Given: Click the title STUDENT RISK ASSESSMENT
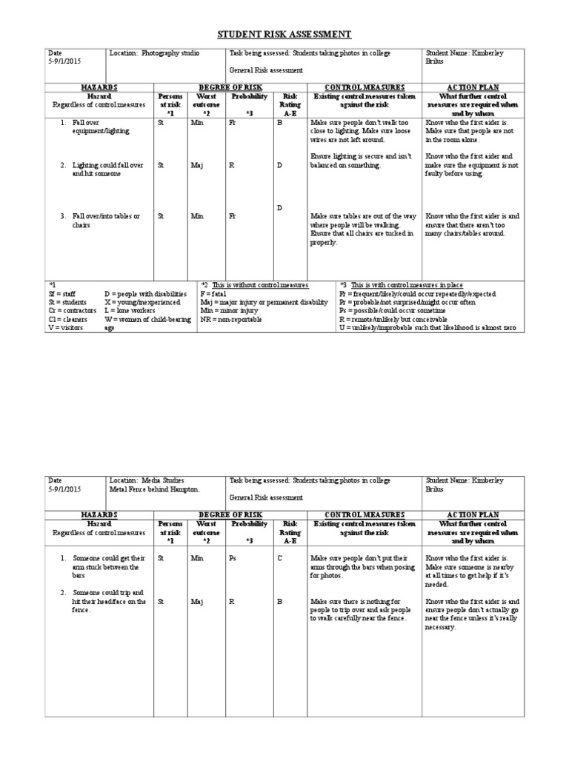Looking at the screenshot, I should (x=284, y=35).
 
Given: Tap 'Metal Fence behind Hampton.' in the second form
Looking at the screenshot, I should (x=154, y=489).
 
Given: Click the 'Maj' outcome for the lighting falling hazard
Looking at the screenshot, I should (x=196, y=165).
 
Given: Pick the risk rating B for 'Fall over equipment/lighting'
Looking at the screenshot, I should (x=280, y=123).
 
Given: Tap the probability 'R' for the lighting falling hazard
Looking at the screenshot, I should (x=232, y=165).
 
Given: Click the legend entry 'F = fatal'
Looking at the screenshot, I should (x=216, y=294).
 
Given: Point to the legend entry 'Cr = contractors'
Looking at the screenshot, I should (x=72, y=311).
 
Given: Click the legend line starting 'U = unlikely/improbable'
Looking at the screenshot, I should (x=427, y=327).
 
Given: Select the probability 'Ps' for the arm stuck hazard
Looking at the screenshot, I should (x=233, y=558).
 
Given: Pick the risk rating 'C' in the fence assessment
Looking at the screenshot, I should (x=280, y=558).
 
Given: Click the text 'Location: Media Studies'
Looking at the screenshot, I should (x=146, y=480).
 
